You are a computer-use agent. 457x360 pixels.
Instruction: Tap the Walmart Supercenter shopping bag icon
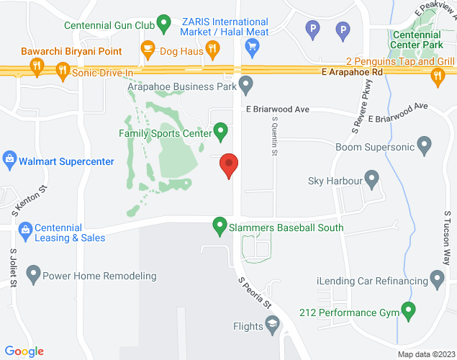pos(9,160)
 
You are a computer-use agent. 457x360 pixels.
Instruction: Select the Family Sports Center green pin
pos(221,132)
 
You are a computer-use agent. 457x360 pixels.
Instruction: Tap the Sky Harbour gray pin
pos(371,177)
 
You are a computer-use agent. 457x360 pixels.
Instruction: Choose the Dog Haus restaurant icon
pos(148,50)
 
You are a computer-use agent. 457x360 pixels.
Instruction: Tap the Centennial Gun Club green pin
pos(163,24)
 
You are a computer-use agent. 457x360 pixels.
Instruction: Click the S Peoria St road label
pos(256,292)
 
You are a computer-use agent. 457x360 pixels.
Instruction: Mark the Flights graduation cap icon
pos(273,327)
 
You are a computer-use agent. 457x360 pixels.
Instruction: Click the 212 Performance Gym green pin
pos(409,312)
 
